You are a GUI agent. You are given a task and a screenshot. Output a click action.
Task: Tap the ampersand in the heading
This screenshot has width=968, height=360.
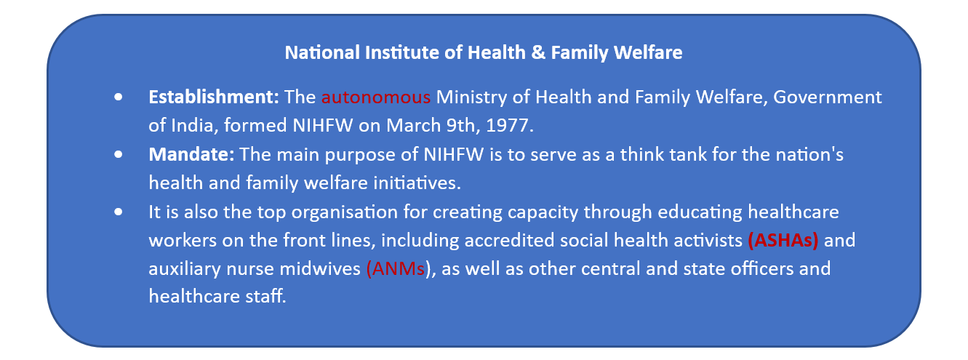click(538, 52)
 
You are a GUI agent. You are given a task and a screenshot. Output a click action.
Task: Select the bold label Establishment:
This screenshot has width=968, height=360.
click(214, 97)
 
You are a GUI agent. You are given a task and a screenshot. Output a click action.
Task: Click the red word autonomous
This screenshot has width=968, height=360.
click(376, 97)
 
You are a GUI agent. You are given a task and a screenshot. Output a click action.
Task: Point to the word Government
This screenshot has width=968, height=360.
click(827, 97)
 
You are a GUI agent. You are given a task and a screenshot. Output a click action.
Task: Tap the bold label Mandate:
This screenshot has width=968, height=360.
click(191, 155)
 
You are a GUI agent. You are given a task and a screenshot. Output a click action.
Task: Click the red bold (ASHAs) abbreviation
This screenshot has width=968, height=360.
click(783, 241)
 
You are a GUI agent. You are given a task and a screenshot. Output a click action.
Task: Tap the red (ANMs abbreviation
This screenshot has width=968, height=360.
click(396, 269)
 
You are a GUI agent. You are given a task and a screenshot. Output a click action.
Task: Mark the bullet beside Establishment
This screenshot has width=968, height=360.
click(119, 97)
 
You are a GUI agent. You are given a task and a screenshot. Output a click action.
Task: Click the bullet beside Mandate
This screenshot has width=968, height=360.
click(119, 154)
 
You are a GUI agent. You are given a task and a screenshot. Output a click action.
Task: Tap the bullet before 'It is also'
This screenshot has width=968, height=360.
click(119, 212)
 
